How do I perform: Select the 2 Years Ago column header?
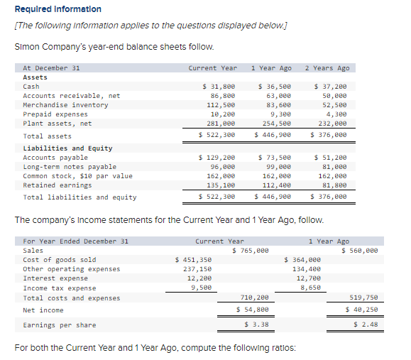(x=327, y=68)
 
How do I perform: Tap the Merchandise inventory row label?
(x=66, y=104)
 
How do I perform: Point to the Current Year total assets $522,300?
(x=217, y=135)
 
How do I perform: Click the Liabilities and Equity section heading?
(x=68, y=148)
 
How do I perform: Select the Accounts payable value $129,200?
(x=217, y=157)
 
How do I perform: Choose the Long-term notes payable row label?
(x=70, y=166)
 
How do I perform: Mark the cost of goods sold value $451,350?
(x=194, y=260)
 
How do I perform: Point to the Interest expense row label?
(x=55, y=278)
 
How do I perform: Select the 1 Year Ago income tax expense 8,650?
(x=310, y=288)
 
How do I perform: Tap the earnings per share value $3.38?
(x=256, y=324)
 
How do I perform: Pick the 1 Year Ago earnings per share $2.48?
(x=366, y=324)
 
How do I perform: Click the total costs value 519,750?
(x=363, y=298)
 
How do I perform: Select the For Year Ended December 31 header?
(x=76, y=241)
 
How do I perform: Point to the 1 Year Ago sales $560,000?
(x=360, y=251)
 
